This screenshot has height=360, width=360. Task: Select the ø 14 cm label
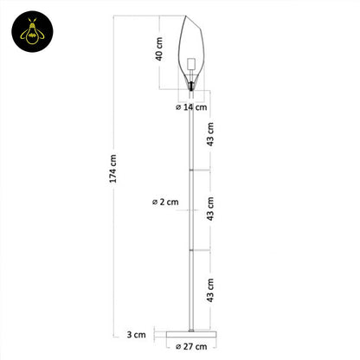click(191, 107)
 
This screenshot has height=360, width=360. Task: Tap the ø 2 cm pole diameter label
click(165, 201)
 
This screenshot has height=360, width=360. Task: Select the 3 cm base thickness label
click(135, 333)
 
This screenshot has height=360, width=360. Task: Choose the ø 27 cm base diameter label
click(192, 347)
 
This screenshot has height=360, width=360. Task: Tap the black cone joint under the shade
click(191, 87)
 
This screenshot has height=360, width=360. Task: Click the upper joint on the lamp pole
click(191, 170)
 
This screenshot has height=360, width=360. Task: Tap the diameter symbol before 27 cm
click(177, 347)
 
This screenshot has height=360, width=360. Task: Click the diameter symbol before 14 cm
click(177, 107)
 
